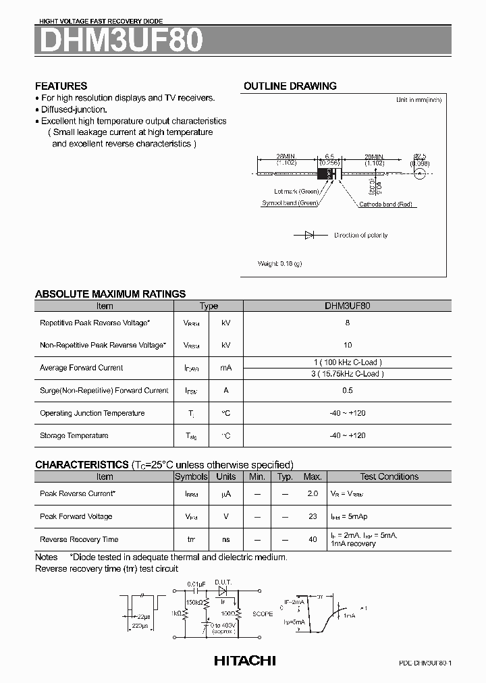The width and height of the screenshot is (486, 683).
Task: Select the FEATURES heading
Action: [61, 86]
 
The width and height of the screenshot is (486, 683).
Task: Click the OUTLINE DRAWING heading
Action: [290, 86]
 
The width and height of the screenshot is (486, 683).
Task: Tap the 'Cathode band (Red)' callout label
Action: [385, 204]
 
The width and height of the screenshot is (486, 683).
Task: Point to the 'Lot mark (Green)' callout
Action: [296, 192]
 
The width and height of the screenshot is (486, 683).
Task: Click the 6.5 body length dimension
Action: [329, 155]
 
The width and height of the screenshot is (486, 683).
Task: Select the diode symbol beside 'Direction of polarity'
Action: [309, 236]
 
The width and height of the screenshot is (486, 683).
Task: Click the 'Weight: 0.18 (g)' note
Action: [280, 263]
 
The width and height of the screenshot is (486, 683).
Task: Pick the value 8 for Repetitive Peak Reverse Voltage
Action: [347, 323]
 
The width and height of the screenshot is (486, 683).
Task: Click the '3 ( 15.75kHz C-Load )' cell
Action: [347, 373]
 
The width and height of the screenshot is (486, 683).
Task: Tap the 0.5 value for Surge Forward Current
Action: [347, 390]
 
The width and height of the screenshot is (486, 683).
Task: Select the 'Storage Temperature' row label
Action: [74, 435]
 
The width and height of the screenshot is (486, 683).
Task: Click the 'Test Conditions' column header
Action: [389, 476]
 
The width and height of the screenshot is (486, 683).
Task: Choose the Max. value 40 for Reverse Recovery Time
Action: [313, 539]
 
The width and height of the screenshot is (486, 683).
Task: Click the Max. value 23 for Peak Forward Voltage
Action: [313, 516]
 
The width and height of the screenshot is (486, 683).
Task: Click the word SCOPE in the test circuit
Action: [263, 614]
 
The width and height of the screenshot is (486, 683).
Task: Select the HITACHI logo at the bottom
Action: [244, 661]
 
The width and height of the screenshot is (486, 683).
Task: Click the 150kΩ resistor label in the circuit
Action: [195, 601]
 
